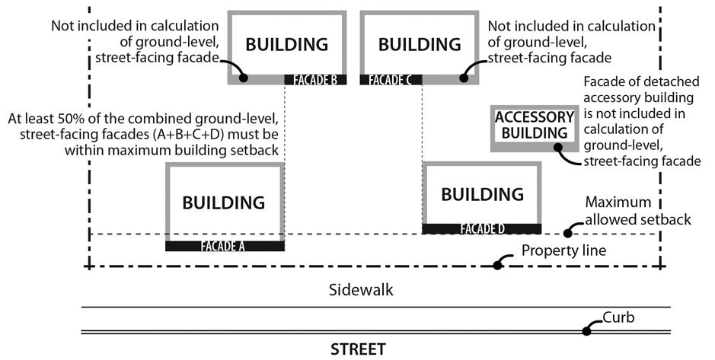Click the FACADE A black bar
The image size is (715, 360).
[225, 246]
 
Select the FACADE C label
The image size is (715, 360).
[391, 79]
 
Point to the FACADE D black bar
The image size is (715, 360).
[482, 228]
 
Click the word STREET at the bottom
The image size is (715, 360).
[358, 350]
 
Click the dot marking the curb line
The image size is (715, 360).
[587, 330]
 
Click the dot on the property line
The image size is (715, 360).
[497, 266]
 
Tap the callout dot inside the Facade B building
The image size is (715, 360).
[244, 77]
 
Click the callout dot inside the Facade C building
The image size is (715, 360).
[463, 77]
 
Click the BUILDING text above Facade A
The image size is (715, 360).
[224, 203]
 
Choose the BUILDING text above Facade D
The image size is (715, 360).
[482, 194]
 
